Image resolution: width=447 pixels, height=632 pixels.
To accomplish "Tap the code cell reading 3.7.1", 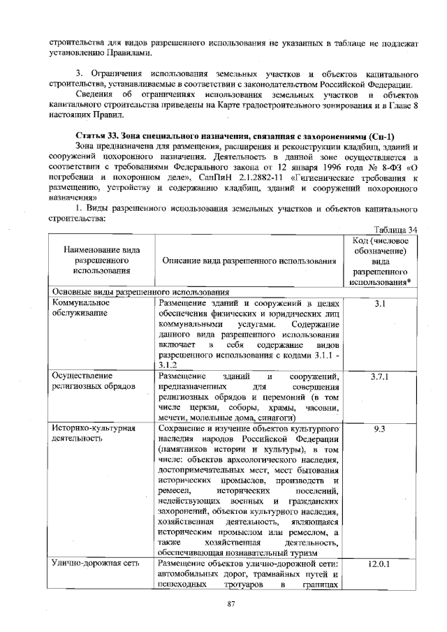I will (381, 377).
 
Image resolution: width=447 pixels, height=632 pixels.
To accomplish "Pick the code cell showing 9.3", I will (381, 429).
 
